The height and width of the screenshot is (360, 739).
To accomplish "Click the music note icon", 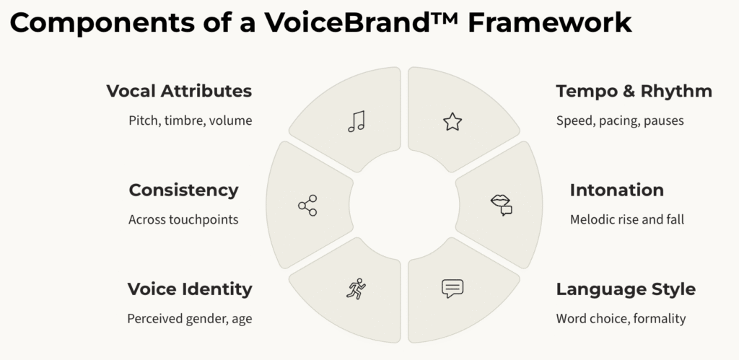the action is pos(357,121).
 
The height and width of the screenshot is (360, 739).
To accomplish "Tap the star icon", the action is pos(452,122).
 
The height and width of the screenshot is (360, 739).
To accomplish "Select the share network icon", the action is pos(307,206).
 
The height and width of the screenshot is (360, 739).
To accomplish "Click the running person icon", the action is pos(356,289).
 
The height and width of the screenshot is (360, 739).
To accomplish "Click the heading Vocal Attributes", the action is pos(179,91).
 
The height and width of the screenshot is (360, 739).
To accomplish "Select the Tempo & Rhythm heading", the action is pos(634,91).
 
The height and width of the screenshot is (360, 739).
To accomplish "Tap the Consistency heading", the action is pos(183,190).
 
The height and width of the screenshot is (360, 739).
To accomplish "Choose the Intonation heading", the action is pos(616,190).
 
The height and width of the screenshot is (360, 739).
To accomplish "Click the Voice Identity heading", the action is pos(190,289).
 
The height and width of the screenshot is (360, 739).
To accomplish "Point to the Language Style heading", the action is pos(626,289).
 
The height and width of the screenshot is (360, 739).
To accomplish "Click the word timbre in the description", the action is pos(185,120).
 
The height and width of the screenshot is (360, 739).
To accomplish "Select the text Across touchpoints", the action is pos(183,219).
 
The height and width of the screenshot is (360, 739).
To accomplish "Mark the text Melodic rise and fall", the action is pos(627,219).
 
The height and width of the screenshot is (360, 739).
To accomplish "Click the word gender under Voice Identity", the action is pos(205,319).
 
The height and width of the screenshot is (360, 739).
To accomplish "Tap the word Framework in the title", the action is pos(549,22).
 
